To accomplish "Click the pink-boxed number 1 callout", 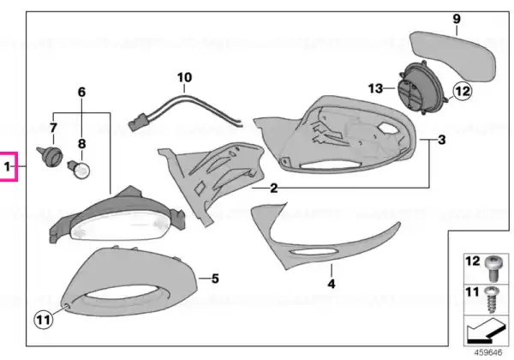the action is tap(8, 166).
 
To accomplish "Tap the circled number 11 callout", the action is tap(44, 319).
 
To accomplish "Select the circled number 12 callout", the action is tap(462, 91).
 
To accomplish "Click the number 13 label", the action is tap(375, 88).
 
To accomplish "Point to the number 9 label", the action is tap(457, 19).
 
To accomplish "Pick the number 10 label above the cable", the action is tap(184, 77).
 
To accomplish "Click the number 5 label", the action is tap(215, 279).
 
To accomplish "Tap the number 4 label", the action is tap(332, 284).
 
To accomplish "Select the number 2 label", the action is tap(274, 189).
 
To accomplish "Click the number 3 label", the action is tap(441, 140).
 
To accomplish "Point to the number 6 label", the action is tap(81, 92).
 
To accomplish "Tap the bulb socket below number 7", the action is tap(50, 156).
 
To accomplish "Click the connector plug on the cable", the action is tap(137, 122).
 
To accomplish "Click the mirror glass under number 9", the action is tap(453, 56).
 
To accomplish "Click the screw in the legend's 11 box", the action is tap(493, 300).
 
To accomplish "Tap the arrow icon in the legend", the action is tap(486, 330).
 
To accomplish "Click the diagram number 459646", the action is tap(488, 352).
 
